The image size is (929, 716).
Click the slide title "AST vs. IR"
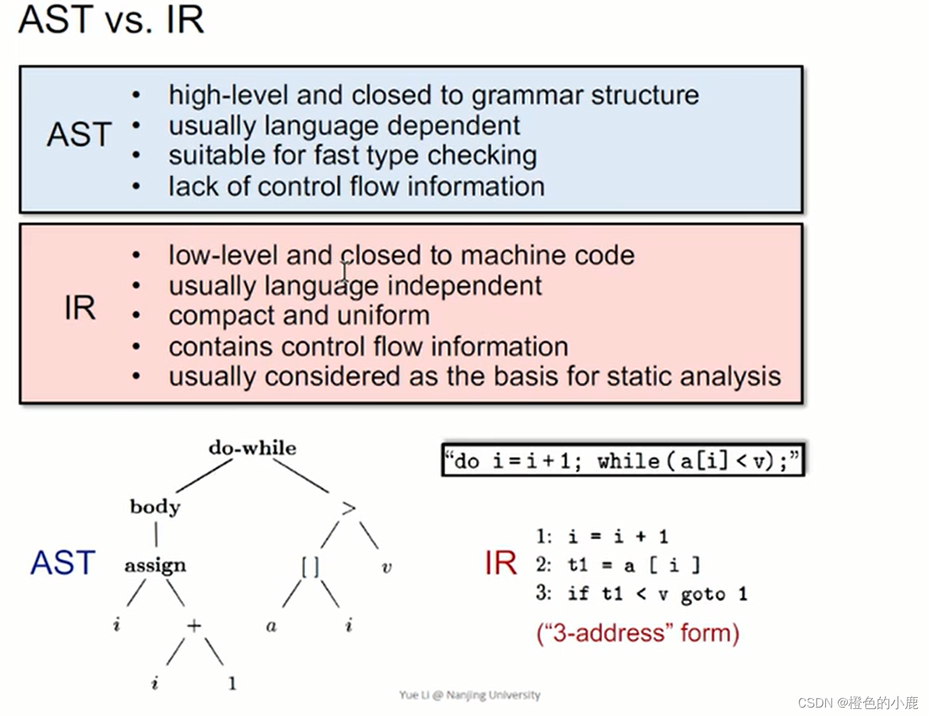click(111, 19)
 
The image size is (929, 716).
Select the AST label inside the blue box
click(79, 135)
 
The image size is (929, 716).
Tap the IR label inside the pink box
click(80, 308)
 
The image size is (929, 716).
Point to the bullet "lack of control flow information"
click(356, 187)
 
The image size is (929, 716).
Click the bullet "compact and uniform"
click(299, 316)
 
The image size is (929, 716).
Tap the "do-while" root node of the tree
click(252, 447)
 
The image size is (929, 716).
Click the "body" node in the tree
click(155, 506)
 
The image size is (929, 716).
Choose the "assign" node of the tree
click(155, 565)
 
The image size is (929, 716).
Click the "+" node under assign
click(194, 625)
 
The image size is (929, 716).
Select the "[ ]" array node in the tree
click(310, 567)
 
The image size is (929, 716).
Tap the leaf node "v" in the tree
click(386, 567)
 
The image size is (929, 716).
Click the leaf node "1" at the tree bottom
click(232, 683)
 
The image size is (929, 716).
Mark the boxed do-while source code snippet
click(623, 461)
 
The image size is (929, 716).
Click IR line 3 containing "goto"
click(642, 594)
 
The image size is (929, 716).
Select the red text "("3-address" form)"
click(637, 633)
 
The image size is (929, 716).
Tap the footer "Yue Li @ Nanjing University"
click(470, 695)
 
